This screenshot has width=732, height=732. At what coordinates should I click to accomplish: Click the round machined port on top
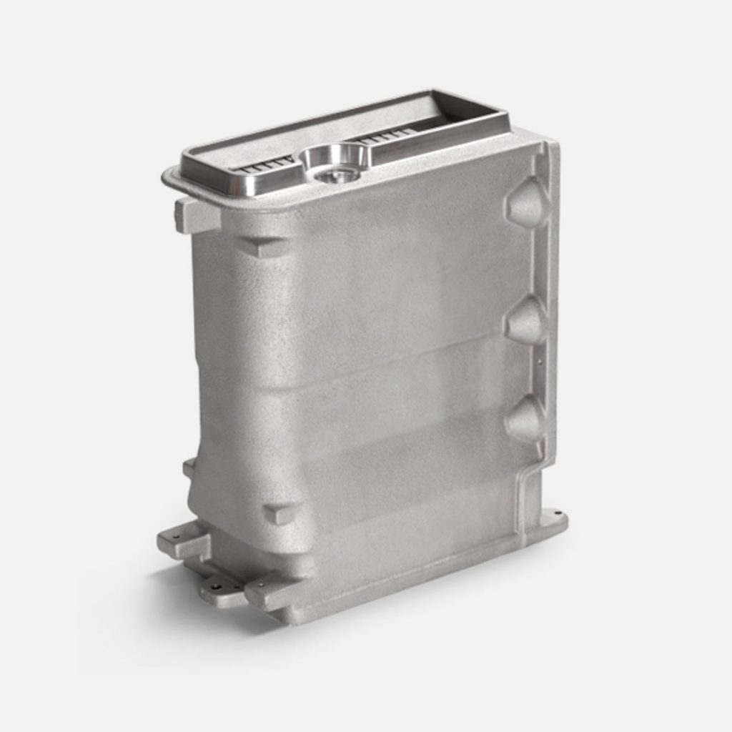[x=332, y=164]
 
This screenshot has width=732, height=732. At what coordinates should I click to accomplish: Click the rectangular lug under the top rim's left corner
[x=194, y=216]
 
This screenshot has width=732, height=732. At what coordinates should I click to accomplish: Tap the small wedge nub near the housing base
[x=278, y=513]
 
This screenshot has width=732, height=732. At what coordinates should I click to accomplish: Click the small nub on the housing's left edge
[x=189, y=468]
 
